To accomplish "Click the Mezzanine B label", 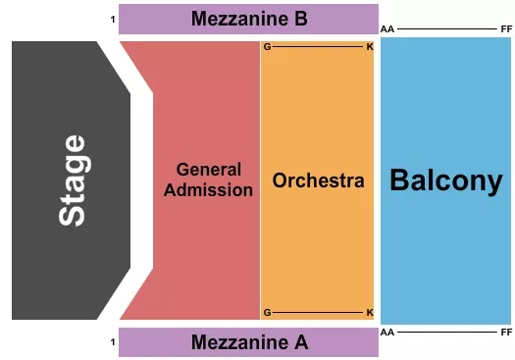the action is (249, 18).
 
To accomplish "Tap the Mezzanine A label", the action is (249, 342).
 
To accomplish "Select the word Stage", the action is (73, 180).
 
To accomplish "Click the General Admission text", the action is (208, 180).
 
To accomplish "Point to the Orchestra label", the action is (318, 180).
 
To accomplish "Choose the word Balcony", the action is (445, 180).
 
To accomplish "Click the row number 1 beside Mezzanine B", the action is (113, 19).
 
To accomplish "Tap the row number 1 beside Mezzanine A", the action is (113, 341).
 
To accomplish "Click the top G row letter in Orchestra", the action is (267, 47).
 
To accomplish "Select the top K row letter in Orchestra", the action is (369, 47).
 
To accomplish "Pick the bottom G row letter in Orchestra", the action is (267, 312).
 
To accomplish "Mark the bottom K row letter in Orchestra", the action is (369, 312).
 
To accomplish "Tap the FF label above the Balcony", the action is (505, 29).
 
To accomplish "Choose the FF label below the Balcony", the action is (505, 333).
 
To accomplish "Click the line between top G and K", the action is (318, 47).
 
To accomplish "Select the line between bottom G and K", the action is (318, 312).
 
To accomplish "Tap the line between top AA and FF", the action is (446, 29).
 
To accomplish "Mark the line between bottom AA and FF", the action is (446, 333).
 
